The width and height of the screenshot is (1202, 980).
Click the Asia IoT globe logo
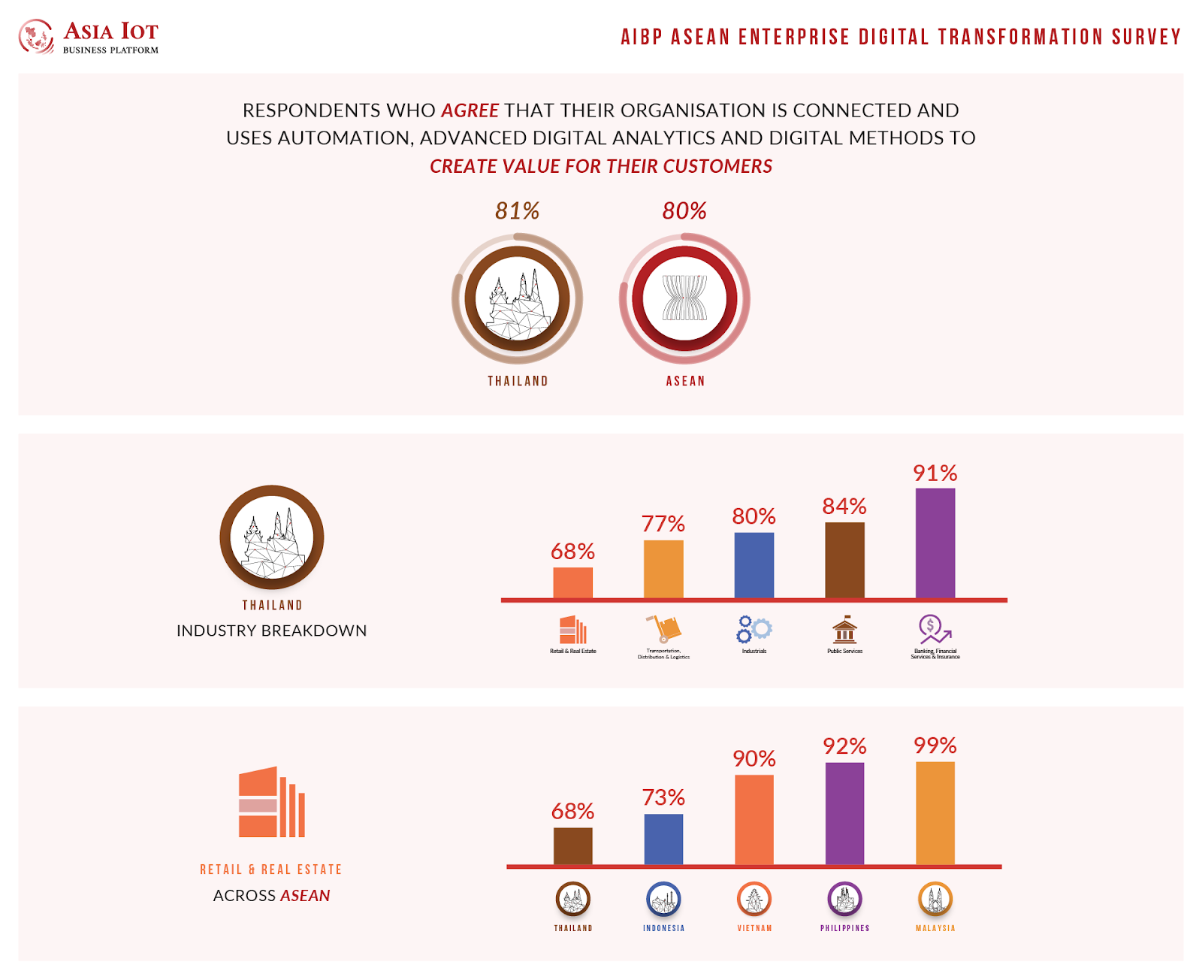35,37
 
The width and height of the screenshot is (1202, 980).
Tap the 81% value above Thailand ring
517,211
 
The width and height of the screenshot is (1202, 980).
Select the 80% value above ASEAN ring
684,211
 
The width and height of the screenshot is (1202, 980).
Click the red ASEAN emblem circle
684,298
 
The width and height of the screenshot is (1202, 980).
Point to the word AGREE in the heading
470,110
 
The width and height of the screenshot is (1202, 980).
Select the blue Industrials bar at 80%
754,565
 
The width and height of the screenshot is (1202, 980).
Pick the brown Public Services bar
844,560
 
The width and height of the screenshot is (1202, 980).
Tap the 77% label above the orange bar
663,524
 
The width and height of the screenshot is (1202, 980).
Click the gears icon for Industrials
754,629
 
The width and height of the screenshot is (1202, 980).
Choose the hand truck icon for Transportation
663,628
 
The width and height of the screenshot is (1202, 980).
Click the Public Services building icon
844,629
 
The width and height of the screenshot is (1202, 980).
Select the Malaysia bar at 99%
935,813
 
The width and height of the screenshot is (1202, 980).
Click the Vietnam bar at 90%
754,819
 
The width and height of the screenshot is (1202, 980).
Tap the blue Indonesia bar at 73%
663,839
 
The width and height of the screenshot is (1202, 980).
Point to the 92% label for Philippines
844,746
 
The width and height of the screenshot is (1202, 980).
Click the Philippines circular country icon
844,899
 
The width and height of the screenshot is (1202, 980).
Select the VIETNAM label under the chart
754,929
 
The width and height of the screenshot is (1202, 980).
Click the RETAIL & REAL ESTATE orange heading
270,870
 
